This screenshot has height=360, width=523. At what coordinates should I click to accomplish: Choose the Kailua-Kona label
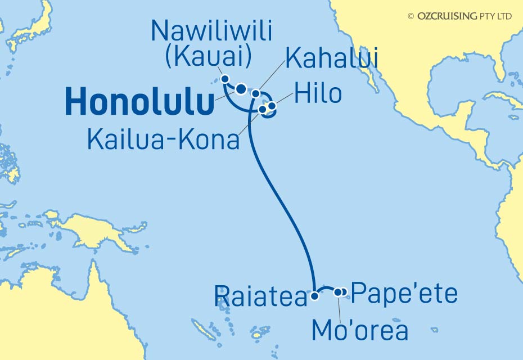click(163, 139)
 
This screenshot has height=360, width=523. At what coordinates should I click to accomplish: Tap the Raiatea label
click(261, 297)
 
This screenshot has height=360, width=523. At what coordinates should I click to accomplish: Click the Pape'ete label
click(404, 295)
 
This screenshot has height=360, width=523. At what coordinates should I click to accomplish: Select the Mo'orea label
click(360, 331)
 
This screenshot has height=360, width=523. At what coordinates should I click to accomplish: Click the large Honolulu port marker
click(241, 88)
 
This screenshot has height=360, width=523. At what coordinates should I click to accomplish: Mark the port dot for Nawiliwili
click(225, 79)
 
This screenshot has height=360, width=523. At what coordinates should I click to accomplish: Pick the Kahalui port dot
click(255, 93)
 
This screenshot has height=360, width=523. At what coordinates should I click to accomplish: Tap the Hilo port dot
click(272, 105)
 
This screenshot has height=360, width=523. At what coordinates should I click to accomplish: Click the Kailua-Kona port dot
click(263, 109)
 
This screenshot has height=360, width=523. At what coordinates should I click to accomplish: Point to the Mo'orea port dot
click(338, 292)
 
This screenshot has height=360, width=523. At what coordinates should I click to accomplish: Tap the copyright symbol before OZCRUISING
click(411, 16)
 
